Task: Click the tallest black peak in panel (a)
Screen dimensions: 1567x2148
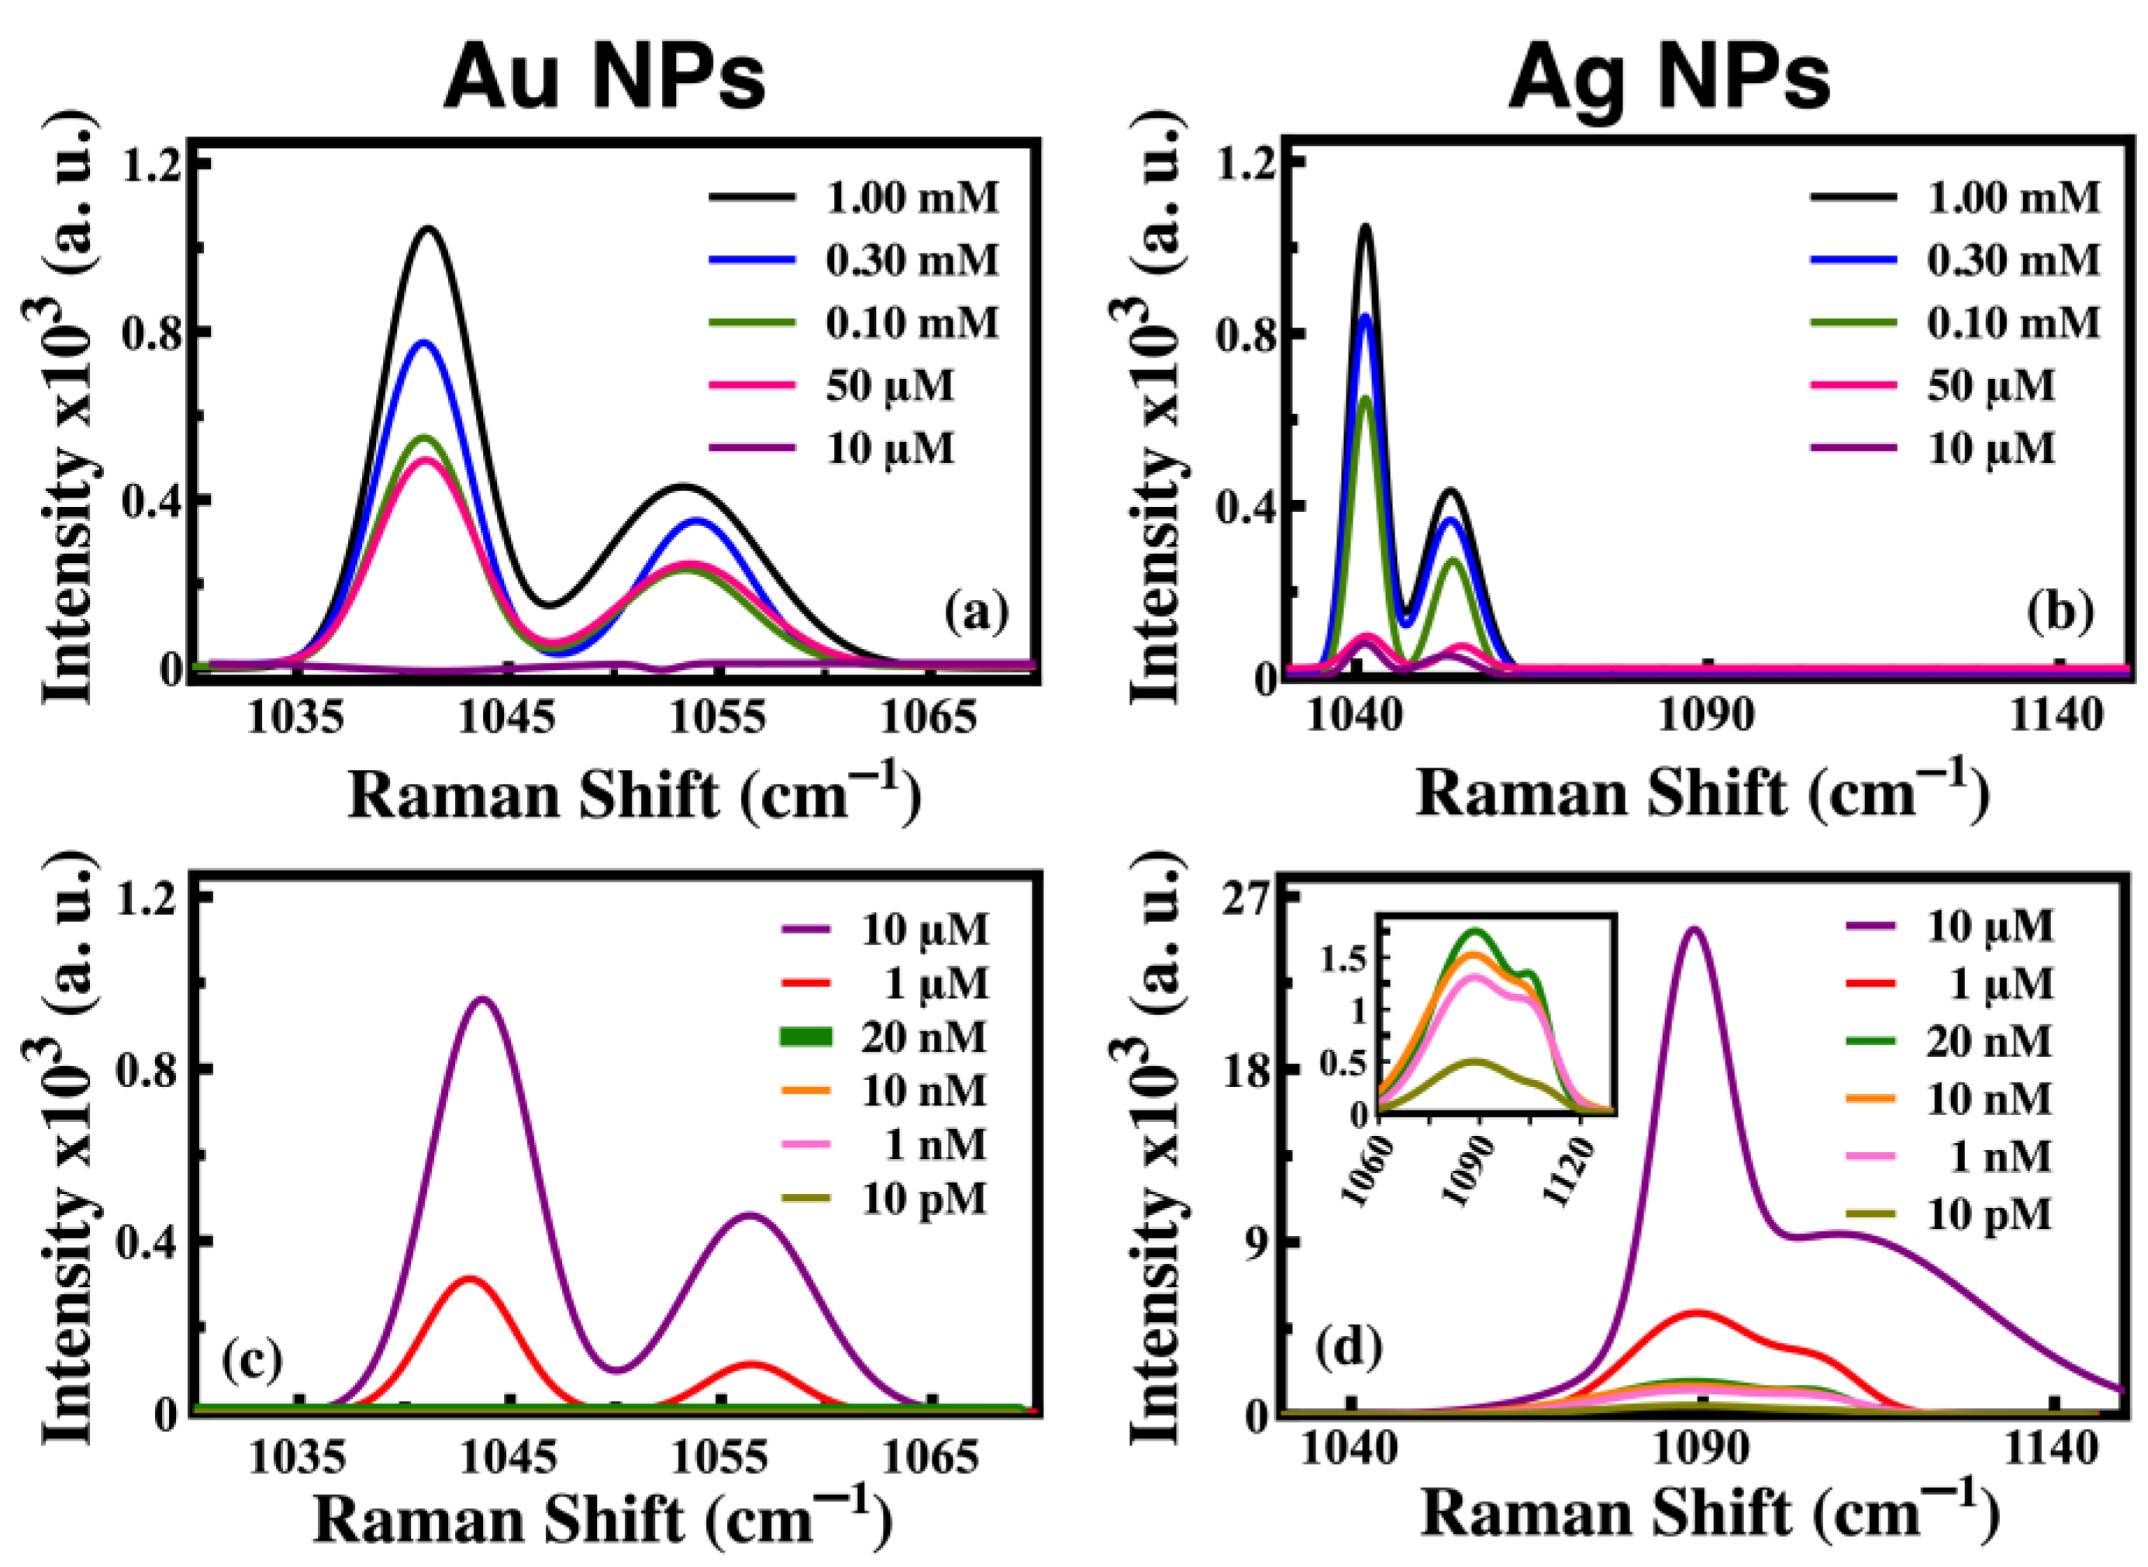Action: click(x=428, y=229)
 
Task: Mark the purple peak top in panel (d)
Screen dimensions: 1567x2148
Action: click(x=1694, y=930)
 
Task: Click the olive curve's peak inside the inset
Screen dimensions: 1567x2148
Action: click(x=1474, y=1061)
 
